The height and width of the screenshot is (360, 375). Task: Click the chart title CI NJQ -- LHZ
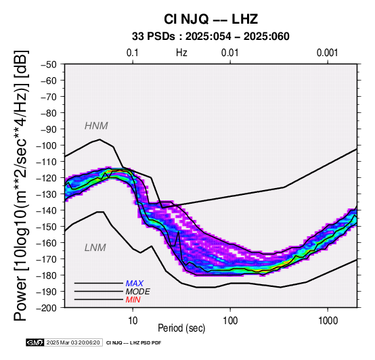pyautogui.click(x=211, y=19)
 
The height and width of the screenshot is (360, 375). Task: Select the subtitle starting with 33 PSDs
pyautogui.click(x=211, y=37)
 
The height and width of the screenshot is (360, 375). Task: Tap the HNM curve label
pyautogui.click(x=96, y=126)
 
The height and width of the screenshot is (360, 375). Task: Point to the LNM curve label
pyautogui.click(x=95, y=248)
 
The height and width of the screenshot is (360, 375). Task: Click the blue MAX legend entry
pyautogui.click(x=135, y=284)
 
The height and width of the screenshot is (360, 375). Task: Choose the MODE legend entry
pyautogui.click(x=138, y=292)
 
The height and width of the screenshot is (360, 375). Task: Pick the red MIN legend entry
pyautogui.click(x=133, y=300)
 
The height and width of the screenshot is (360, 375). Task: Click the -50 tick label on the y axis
pyautogui.click(x=49, y=64)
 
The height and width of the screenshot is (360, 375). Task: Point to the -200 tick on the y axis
pyautogui.click(x=47, y=308)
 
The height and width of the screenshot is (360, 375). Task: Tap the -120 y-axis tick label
pyautogui.click(x=47, y=178)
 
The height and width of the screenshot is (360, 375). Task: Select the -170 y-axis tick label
pyautogui.click(x=47, y=259)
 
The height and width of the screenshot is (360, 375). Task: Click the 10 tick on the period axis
pyautogui.click(x=133, y=321)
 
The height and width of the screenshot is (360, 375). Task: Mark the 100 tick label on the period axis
pyautogui.click(x=230, y=321)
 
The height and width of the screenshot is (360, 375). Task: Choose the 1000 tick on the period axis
pyautogui.click(x=328, y=321)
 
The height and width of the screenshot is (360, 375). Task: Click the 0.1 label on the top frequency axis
pyautogui.click(x=133, y=53)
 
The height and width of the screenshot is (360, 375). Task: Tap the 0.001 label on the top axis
pyautogui.click(x=328, y=53)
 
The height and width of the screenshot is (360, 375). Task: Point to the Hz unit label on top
pyautogui.click(x=181, y=53)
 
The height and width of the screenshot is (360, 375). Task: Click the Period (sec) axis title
pyautogui.click(x=181, y=328)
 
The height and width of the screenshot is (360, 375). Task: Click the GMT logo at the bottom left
pyautogui.click(x=35, y=342)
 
